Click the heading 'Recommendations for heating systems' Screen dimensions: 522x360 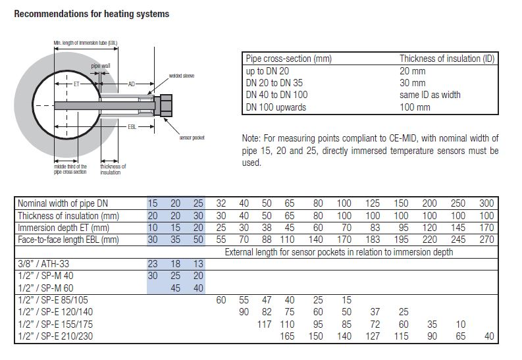click(91, 14)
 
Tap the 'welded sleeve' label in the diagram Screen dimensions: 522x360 click(182, 76)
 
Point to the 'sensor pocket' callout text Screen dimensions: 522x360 click(192, 138)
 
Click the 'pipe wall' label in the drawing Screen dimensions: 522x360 click(101, 66)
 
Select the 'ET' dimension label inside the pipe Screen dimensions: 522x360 click(76, 84)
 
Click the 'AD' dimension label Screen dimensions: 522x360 click(132, 84)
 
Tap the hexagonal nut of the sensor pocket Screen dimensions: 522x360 click(166, 105)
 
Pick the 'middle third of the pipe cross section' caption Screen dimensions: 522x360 click(70, 169)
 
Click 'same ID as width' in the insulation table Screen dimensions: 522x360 click(430, 95)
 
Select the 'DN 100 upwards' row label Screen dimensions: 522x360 click(276, 107)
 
